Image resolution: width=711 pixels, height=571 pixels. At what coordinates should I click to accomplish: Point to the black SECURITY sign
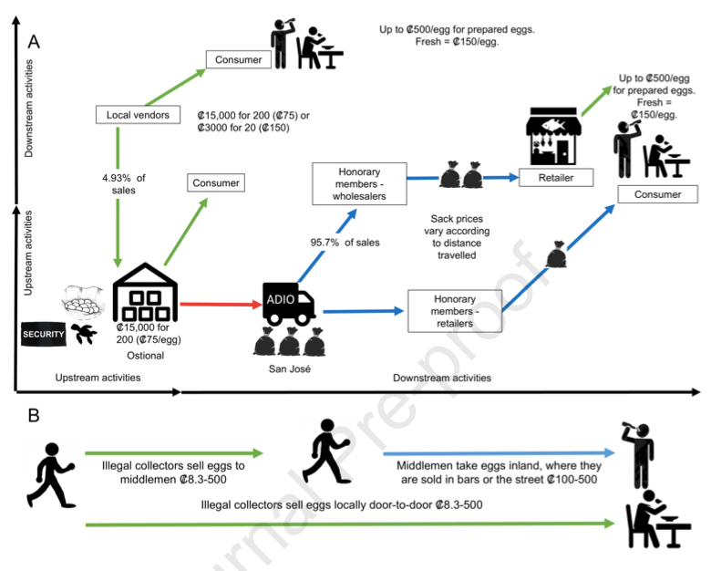click(42, 335)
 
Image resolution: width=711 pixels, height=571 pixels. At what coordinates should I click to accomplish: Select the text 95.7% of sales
click(345, 243)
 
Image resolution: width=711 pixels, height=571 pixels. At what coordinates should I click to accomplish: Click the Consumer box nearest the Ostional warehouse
click(216, 183)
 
